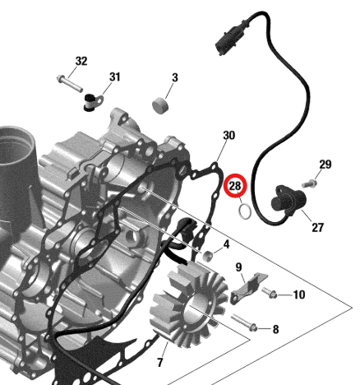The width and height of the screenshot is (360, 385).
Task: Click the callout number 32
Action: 81,61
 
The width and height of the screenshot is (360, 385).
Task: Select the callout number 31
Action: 115,77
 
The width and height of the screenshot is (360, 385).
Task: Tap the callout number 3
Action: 175,77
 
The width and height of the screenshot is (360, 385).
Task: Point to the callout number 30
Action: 229,136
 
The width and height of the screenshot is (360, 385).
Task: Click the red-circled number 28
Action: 235,186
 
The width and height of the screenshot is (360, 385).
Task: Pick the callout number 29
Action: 325,165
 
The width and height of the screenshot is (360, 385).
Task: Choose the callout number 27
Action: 318,227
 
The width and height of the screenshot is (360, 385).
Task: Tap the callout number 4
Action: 226,244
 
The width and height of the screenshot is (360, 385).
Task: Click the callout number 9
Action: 238,267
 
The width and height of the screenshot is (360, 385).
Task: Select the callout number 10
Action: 299,295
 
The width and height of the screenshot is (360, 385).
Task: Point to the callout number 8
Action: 275,329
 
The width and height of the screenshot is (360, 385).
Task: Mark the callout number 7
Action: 160,362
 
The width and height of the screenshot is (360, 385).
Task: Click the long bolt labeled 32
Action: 70,83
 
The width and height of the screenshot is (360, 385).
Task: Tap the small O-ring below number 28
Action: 245,211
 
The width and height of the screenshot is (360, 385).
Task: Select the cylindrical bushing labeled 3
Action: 161,105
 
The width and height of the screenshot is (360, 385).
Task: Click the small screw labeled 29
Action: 310,184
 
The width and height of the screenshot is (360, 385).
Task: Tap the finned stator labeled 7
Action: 189,304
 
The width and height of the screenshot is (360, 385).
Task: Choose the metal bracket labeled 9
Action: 249,287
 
